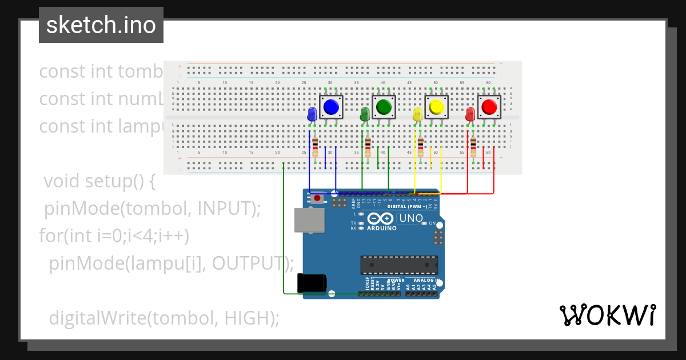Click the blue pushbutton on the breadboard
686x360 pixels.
point(331,107)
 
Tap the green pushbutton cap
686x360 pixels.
point(384,107)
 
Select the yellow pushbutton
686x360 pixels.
point(437,107)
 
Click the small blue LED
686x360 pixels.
point(312,114)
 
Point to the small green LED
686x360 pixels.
point(365,114)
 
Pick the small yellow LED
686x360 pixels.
point(417,114)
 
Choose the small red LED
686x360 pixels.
point(470,114)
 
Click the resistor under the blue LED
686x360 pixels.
point(315,146)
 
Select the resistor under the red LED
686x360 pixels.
point(473,146)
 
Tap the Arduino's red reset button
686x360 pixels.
point(317,198)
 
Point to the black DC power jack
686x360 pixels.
point(312,284)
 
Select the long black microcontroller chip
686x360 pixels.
point(399,265)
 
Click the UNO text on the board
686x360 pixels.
point(410,218)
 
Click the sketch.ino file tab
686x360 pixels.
point(101,25)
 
